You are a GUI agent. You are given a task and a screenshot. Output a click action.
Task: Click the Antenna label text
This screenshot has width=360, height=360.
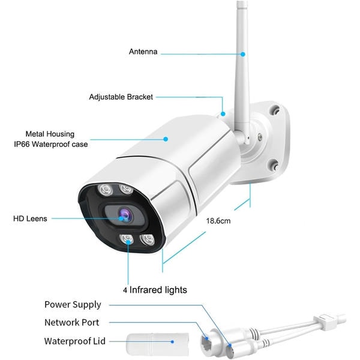tap(143, 52)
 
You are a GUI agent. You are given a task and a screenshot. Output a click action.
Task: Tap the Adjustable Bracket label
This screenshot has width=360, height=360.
tap(121, 97)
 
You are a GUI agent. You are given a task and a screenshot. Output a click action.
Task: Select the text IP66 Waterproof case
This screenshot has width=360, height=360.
tap(51, 144)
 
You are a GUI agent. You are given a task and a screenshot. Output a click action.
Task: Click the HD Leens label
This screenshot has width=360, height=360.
tap(30, 218)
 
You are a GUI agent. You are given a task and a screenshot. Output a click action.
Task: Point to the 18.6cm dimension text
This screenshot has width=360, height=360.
tap(218, 221)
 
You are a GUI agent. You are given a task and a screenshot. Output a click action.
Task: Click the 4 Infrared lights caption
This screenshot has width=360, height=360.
tap(155, 290)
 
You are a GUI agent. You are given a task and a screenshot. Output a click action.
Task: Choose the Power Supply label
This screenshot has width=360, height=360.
tap(73, 305)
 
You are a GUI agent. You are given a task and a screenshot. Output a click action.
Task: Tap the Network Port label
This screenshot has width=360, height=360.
tap(72, 322)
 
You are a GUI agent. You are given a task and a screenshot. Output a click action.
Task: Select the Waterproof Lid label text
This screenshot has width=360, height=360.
tap(75, 341)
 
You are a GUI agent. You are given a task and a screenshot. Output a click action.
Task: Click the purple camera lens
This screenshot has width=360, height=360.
tap(125, 215)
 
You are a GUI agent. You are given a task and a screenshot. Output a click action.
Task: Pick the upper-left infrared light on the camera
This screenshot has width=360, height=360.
tap(105, 190)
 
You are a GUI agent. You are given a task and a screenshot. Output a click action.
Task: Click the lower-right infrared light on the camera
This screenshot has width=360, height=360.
tap(148, 240)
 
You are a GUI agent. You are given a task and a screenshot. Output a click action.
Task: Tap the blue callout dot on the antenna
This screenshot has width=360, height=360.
tap(243, 54)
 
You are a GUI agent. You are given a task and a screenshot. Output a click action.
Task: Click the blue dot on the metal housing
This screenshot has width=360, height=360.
tap(166, 139)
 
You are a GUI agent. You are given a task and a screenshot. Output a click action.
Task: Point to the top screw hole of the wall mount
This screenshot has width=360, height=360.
tap(275, 110)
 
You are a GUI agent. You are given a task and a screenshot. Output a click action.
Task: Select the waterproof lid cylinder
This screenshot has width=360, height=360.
tap(157, 344)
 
